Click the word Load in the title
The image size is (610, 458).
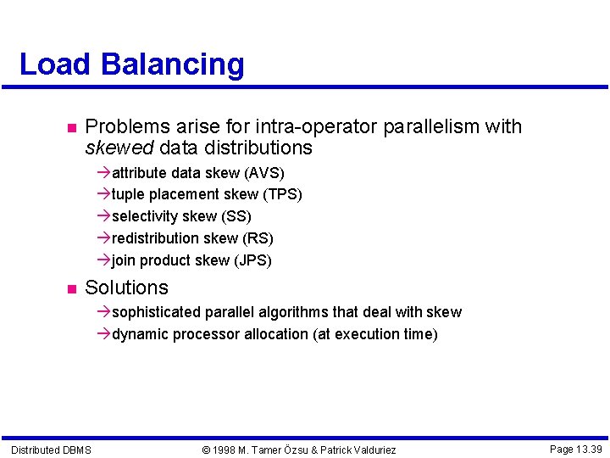[x=55, y=64]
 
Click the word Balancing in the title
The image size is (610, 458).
[x=172, y=65]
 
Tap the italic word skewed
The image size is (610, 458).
[x=119, y=148]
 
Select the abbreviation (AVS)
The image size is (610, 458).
[x=264, y=173]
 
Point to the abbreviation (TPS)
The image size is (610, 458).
[x=282, y=194]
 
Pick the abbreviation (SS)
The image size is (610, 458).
[x=236, y=216]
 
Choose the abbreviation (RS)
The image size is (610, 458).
[x=258, y=238]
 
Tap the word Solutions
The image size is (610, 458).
[x=127, y=288]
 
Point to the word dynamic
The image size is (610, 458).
[x=140, y=334]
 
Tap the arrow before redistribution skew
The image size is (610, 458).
[x=104, y=238]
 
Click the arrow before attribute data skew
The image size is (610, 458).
[x=104, y=173]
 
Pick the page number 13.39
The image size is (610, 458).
[x=588, y=449]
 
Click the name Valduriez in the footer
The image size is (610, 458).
[x=369, y=450]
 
